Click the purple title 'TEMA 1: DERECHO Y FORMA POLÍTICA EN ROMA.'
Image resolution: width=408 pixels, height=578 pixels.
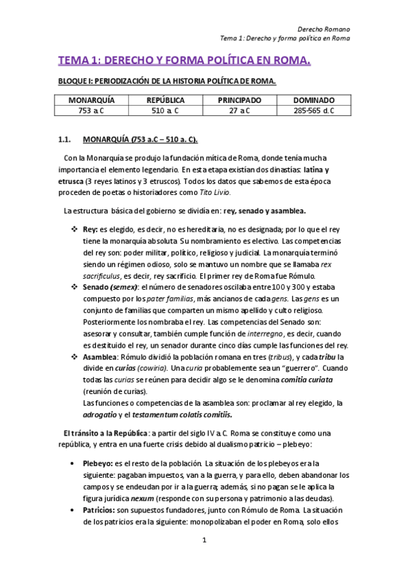tap(184, 62)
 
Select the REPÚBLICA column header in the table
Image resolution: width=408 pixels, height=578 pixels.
tap(166, 100)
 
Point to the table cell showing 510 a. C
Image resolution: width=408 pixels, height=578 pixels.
tap(166, 110)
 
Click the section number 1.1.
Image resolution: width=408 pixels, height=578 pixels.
tap(65, 140)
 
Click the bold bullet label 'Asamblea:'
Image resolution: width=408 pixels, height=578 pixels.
tap(100, 357)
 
